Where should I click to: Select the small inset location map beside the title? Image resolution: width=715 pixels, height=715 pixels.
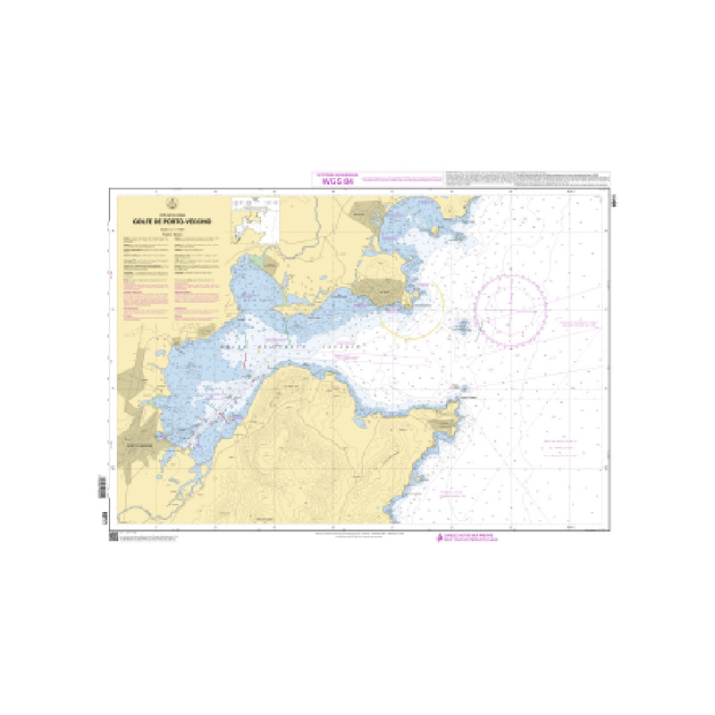pyautogui.click(x=255, y=220)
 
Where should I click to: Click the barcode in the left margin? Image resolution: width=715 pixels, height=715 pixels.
pyautogui.click(x=102, y=488)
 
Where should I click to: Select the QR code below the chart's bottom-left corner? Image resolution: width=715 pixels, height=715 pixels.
pyautogui.click(x=114, y=536)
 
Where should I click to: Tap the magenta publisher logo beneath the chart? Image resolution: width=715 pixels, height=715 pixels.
pyautogui.click(x=440, y=537)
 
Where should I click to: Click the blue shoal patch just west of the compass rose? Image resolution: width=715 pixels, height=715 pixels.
pyautogui.click(x=465, y=326)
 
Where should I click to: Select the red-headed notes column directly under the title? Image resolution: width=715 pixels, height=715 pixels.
pyautogui.click(x=144, y=277)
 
